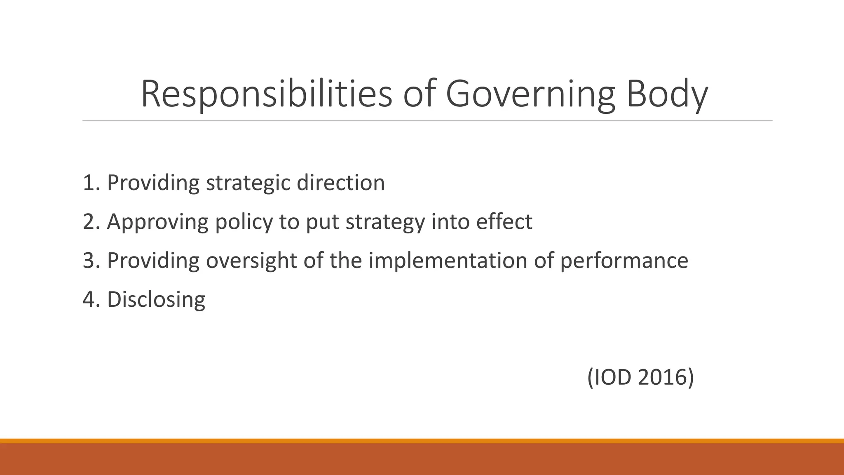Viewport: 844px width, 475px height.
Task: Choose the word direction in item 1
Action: (341, 183)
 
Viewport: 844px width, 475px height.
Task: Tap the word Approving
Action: (157, 222)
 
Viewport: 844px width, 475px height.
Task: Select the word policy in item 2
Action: (244, 222)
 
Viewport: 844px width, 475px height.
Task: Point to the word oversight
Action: (251, 261)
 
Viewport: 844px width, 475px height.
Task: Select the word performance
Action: (624, 261)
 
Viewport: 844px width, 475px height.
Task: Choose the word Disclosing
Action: (156, 299)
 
